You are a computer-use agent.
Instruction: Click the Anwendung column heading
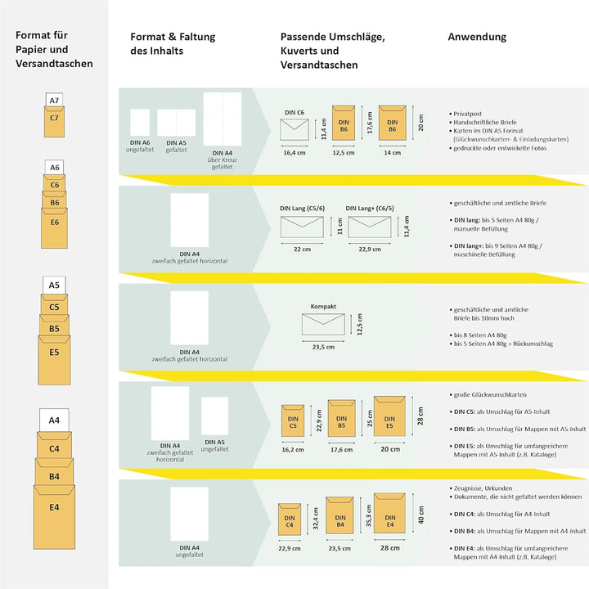click(x=477, y=37)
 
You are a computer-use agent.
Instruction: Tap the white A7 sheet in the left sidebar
click(x=54, y=101)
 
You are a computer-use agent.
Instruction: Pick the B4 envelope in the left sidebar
click(x=54, y=475)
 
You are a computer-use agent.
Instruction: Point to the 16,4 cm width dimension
click(x=294, y=152)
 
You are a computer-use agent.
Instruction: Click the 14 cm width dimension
click(x=392, y=152)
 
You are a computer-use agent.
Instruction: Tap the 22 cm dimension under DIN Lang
click(x=302, y=249)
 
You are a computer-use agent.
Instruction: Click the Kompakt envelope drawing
click(x=323, y=325)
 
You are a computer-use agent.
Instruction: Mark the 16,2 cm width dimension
click(x=293, y=449)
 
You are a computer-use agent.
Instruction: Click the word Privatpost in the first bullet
click(x=469, y=114)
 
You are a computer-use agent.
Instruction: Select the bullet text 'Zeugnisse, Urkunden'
click(x=485, y=488)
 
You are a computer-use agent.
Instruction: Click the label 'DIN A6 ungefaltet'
click(x=140, y=146)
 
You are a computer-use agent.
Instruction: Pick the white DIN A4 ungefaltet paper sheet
click(x=189, y=514)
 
